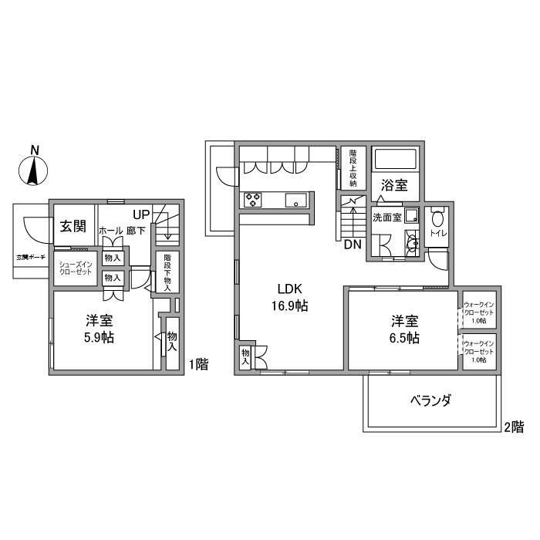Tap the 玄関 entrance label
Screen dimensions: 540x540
(x=73, y=225)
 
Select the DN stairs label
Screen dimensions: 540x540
(x=353, y=245)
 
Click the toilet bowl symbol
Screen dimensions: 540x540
(x=437, y=218)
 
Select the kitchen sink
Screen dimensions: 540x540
(x=295, y=200)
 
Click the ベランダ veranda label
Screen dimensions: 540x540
(x=430, y=400)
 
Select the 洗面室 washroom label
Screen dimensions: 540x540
(x=386, y=217)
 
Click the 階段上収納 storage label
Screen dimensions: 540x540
(x=353, y=167)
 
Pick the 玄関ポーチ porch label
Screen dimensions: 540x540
(x=31, y=256)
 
